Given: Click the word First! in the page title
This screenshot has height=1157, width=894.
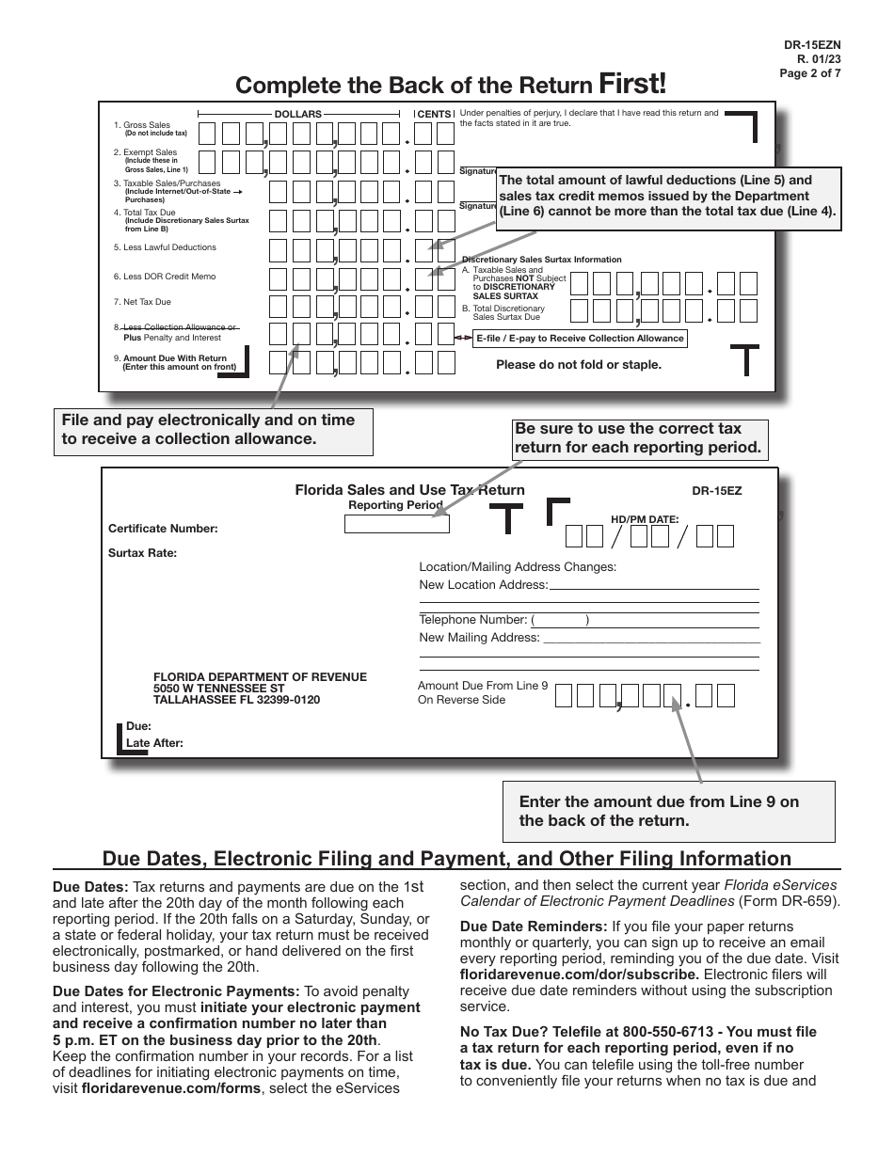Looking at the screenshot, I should click(x=632, y=84).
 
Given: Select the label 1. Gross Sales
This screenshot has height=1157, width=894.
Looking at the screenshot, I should click(x=142, y=125).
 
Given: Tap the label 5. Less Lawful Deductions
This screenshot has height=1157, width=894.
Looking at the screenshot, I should click(x=165, y=247).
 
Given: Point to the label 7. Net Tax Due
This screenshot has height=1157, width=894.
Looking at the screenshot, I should click(x=142, y=302).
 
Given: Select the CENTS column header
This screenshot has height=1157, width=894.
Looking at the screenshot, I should click(x=434, y=114).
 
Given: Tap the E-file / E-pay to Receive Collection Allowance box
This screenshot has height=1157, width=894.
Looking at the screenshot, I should click(x=580, y=339).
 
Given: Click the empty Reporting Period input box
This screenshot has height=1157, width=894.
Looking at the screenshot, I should click(x=396, y=524).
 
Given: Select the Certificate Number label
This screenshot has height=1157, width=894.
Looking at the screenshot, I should click(x=163, y=529).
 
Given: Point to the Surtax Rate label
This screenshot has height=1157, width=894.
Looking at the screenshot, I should click(x=142, y=553).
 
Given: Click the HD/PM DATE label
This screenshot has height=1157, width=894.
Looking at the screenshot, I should click(x=645, y=518).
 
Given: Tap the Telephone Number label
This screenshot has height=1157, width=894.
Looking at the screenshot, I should click(x=472, y=620).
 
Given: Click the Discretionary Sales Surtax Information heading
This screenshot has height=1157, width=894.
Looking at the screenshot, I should click(x=541, y=260).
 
